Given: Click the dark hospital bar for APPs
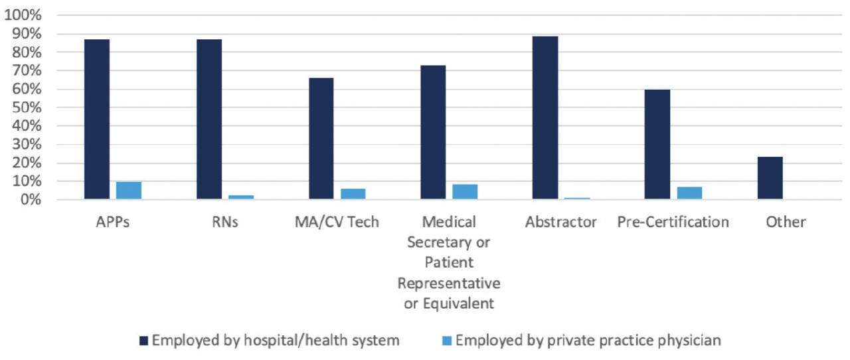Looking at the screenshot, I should (x=97, y=120).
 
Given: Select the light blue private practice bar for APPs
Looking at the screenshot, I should (x=129, y=191).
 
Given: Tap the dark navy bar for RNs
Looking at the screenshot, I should (x=209, y=120).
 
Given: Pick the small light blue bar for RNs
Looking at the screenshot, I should (x=241, y=197).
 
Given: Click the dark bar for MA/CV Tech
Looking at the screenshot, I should (x=321, y=139).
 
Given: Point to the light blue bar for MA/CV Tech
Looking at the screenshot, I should (x=353, y=194).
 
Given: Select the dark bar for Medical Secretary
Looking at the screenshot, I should (x=433, y=132).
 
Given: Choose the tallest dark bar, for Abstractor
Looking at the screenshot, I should (x=545, y=118).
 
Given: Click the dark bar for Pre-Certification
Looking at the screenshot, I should (x=657, y=144).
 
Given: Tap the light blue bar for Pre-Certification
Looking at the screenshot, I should (x=689, y=193).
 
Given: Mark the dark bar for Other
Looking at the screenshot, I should (x=770, y=178).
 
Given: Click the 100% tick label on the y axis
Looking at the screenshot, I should (x=23, y=15).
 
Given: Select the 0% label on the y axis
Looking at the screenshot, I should (x=30, y=200).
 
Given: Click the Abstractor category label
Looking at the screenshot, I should (x=560, y=222).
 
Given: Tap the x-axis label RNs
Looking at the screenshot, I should (x=224, y=222).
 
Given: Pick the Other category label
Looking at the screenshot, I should (x=785, y=222).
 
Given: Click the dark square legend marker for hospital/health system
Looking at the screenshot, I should (x=144, y=341).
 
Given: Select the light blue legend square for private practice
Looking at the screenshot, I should (x=447, y=341).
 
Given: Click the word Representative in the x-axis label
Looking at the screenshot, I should (x=449, y=284).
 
